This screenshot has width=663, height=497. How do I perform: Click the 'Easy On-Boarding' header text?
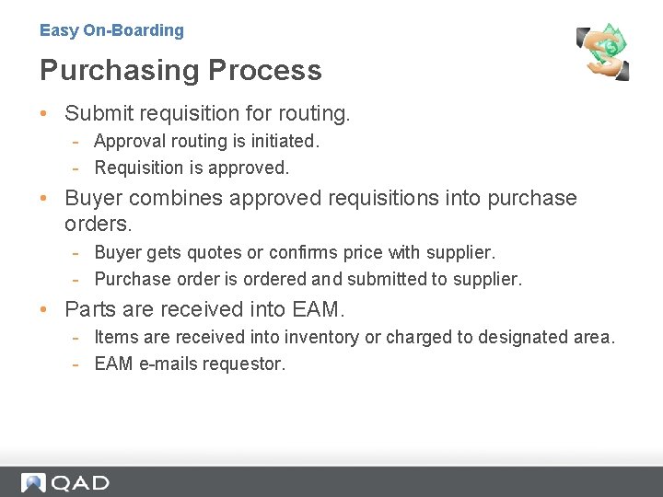point(111,30)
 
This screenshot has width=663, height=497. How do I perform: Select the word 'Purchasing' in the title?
point(120,70)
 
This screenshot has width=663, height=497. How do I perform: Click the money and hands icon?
point(603,52)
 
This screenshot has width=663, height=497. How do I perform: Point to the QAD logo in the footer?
point(65,482)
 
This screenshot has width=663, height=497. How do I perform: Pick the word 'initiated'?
point(283,141)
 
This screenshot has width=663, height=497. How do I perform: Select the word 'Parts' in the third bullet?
point(88,309)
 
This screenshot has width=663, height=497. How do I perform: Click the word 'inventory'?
point(322,337)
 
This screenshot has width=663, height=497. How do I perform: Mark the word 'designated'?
point(515,337)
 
